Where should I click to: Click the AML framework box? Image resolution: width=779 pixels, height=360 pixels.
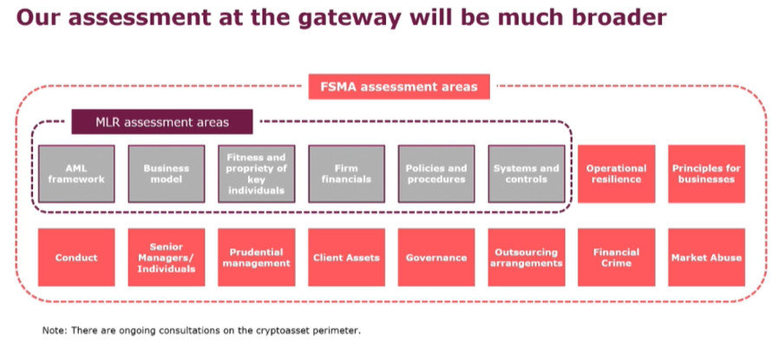point(76,173)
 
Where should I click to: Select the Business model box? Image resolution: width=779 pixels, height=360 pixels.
point(166,173)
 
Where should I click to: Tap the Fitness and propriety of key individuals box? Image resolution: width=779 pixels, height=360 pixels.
point(256,173)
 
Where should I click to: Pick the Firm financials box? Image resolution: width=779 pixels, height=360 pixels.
point(346,173)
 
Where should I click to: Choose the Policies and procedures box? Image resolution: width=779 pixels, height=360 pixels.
point(436,173)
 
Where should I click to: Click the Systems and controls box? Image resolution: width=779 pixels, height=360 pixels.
point(526,173)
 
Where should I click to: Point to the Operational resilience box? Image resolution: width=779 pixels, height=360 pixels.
point(616,173)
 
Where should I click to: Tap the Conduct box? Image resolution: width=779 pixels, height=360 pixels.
point(76,258)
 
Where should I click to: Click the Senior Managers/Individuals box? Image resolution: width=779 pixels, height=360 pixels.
point(166,258)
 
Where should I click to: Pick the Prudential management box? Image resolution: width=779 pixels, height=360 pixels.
point(256,258)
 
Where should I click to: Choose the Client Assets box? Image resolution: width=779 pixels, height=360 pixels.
point(346,258)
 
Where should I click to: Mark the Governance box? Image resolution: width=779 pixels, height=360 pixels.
point(436,258)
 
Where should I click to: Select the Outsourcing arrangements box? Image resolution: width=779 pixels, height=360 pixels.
point(526,258)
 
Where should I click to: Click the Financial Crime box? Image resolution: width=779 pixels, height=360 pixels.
point(616,258)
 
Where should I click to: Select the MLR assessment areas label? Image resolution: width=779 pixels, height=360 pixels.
point(162,122)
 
